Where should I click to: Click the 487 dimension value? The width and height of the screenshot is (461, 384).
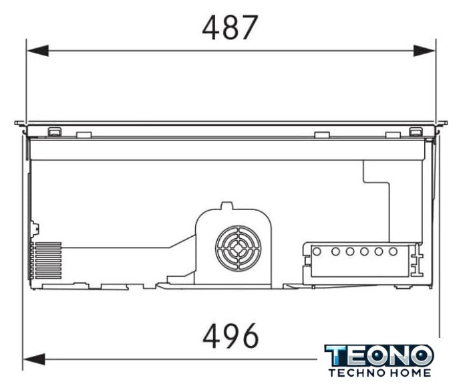[230, 27]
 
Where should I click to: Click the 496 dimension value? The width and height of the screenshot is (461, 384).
[230, 336]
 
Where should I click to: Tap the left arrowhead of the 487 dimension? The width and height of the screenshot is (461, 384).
[37, 51]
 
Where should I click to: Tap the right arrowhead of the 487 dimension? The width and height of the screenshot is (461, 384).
[424, 51]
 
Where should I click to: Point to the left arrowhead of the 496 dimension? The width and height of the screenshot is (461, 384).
[34, 359]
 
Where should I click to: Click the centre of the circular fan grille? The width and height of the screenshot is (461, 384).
[238, 248]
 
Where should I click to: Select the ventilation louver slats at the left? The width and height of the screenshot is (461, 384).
[46, 261]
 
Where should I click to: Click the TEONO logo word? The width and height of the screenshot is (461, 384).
[379, 355]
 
